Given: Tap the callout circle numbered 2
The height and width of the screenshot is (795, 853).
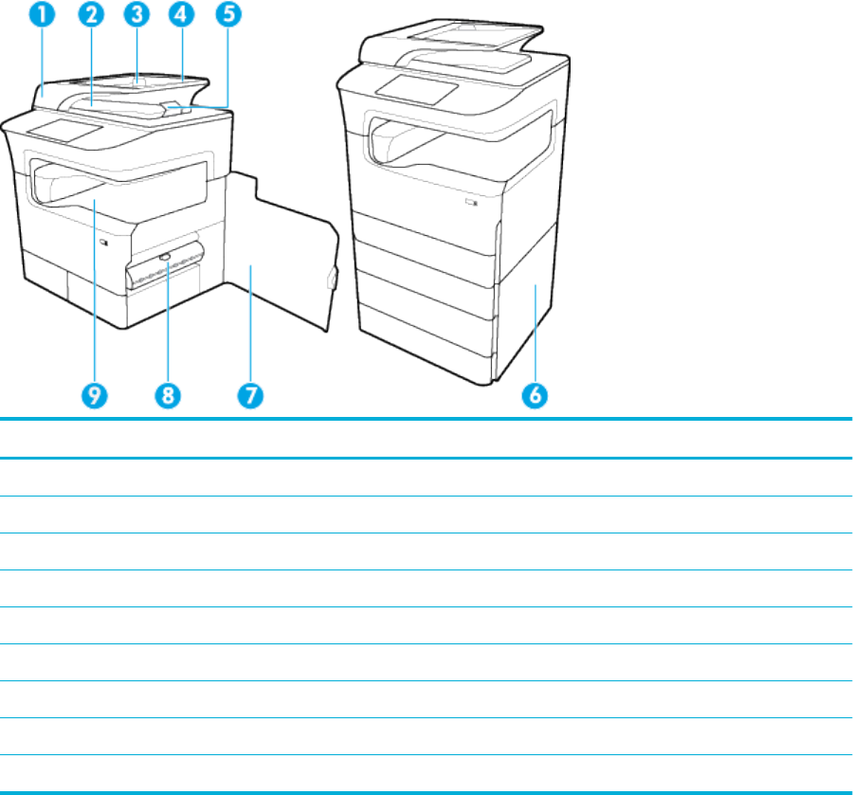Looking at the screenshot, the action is click(92, 15).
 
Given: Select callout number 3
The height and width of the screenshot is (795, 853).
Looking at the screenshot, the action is click(137, 14).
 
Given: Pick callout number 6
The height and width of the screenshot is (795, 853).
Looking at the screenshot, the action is click(535, 395).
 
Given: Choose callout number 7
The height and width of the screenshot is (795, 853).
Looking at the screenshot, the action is click(249, 395).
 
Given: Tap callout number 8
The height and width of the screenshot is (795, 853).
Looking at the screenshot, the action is click(169, 395).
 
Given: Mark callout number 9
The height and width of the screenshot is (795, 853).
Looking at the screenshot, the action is click(94, 395).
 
